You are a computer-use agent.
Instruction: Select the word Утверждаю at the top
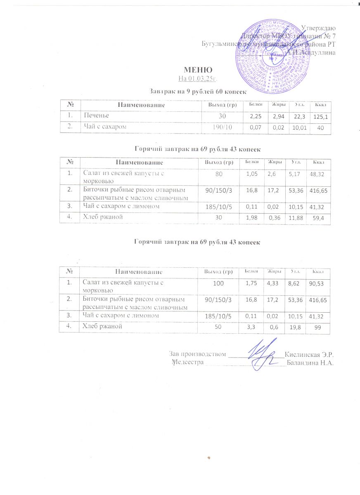(x=318, y=28)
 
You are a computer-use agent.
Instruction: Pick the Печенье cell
(x=95, y=116)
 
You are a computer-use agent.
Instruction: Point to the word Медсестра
(x=189, y=363)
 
